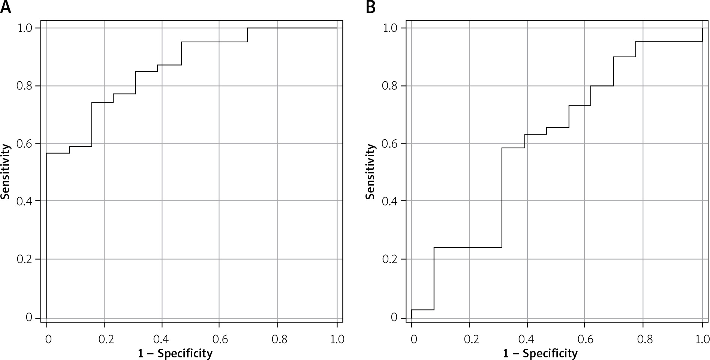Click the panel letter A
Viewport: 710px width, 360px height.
tap(6, 7)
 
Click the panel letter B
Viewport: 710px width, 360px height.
tap(370, 7)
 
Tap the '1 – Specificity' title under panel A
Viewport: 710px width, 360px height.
tap(175, 353)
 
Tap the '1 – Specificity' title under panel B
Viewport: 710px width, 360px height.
tap(540, 353)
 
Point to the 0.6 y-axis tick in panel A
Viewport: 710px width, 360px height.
tap(25, 144)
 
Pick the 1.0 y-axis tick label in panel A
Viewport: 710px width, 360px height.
tap(25, 28)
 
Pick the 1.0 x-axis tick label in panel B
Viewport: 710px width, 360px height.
tap(701, 339)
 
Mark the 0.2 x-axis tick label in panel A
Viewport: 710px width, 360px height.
tap(105, 339)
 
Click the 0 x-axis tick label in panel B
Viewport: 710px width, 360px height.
tap(413, 339)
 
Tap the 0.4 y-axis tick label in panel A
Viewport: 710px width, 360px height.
tap(25, 201)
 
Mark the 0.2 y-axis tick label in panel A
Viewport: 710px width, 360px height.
tap(25, 259)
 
